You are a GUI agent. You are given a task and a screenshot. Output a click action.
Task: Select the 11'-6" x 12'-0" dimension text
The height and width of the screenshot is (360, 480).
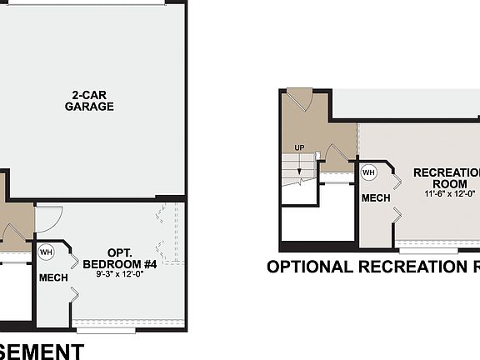(450, 193)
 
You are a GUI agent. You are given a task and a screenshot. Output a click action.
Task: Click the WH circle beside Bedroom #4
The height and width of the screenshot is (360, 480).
(47, 252)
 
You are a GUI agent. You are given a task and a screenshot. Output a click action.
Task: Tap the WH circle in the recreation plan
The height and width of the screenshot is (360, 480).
(369, 172)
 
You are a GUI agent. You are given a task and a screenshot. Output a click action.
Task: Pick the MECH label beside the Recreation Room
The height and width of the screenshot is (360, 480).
(375, 199)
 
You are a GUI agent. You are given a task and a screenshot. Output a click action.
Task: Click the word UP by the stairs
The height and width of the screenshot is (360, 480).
(299, 148)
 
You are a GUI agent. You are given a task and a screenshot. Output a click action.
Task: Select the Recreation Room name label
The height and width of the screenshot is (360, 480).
(447, 177)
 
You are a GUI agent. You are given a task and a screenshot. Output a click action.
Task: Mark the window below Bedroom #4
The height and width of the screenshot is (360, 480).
(106, 330)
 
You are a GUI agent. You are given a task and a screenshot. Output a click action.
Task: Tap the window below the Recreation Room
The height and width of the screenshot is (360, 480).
(428, 250)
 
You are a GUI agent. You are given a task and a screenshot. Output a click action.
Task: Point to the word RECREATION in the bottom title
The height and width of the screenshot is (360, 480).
(413, 267)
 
